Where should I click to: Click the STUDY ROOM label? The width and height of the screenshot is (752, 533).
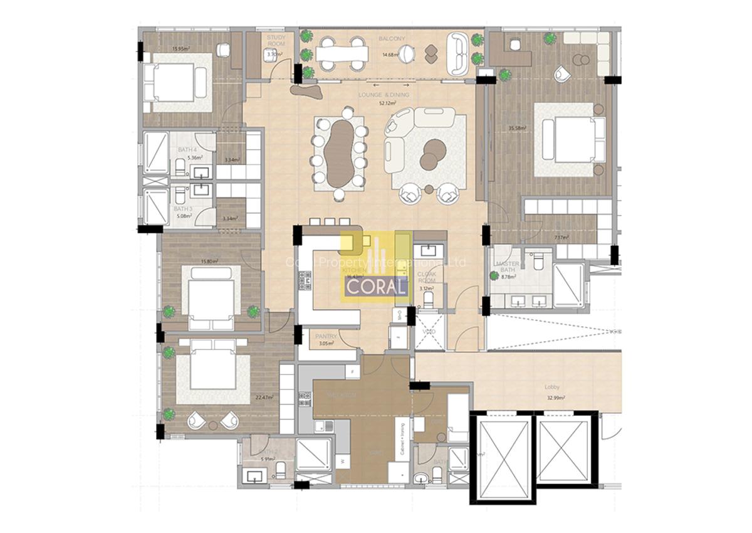(x=276, y=41)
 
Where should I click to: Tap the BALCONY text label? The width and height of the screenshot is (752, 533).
(x=392, y=39)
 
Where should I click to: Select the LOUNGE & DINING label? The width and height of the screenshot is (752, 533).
(x=384, y=95)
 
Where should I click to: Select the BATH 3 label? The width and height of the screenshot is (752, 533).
(x=182, y=209)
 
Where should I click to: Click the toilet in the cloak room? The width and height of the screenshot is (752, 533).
(x=429, y=300)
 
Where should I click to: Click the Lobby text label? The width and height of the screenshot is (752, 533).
(x=552, y=388)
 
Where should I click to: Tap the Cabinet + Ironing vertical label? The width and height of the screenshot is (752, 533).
(x=401, y=440)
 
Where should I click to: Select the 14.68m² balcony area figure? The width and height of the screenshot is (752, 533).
(x=391, y=55)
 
